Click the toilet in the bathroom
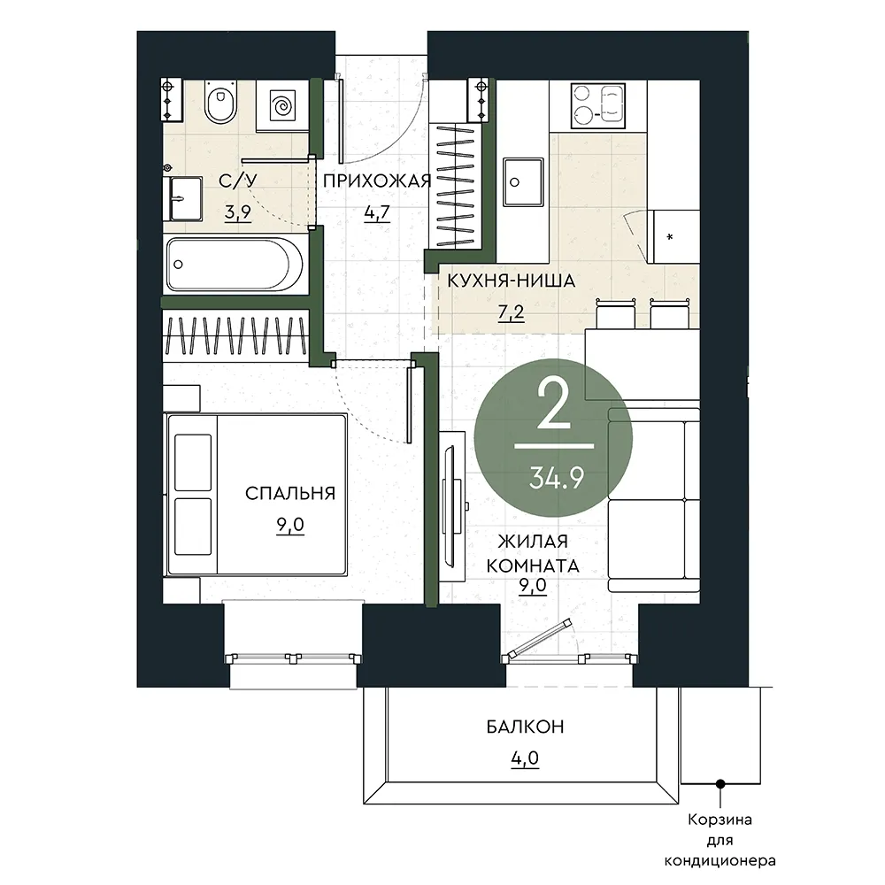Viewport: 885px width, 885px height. click(x=220, y=102)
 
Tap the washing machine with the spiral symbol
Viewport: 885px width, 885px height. click(x=281, y=106)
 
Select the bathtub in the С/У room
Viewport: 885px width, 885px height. click(x=235, y=264)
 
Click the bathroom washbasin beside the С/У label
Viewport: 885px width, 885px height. click(x=183, y=198)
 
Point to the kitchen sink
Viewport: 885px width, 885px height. click(x=523, y=182)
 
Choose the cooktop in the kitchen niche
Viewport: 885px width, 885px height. click(x=597, y=106)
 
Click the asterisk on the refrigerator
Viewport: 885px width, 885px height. click(x=670, y=237)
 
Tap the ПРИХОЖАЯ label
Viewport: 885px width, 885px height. click(x=377, y=181)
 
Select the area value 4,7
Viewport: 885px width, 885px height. click(x=377, y=212)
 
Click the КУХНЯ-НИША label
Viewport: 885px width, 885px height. click(x=512, y=281)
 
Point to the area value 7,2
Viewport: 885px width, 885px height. click(x=512, y=312)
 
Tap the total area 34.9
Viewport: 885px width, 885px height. click(x=557, y=479)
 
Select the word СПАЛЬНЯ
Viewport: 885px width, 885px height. click(x=290, y=493)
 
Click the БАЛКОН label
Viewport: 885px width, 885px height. click(x=525, y=727)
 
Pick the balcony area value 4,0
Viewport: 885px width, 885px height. click(x=525, y=758)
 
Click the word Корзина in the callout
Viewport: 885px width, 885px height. click(x=720, y=820)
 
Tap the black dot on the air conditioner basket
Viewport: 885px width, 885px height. click(x=720, y=784)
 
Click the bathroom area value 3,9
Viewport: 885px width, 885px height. click(x=237, y=212)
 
